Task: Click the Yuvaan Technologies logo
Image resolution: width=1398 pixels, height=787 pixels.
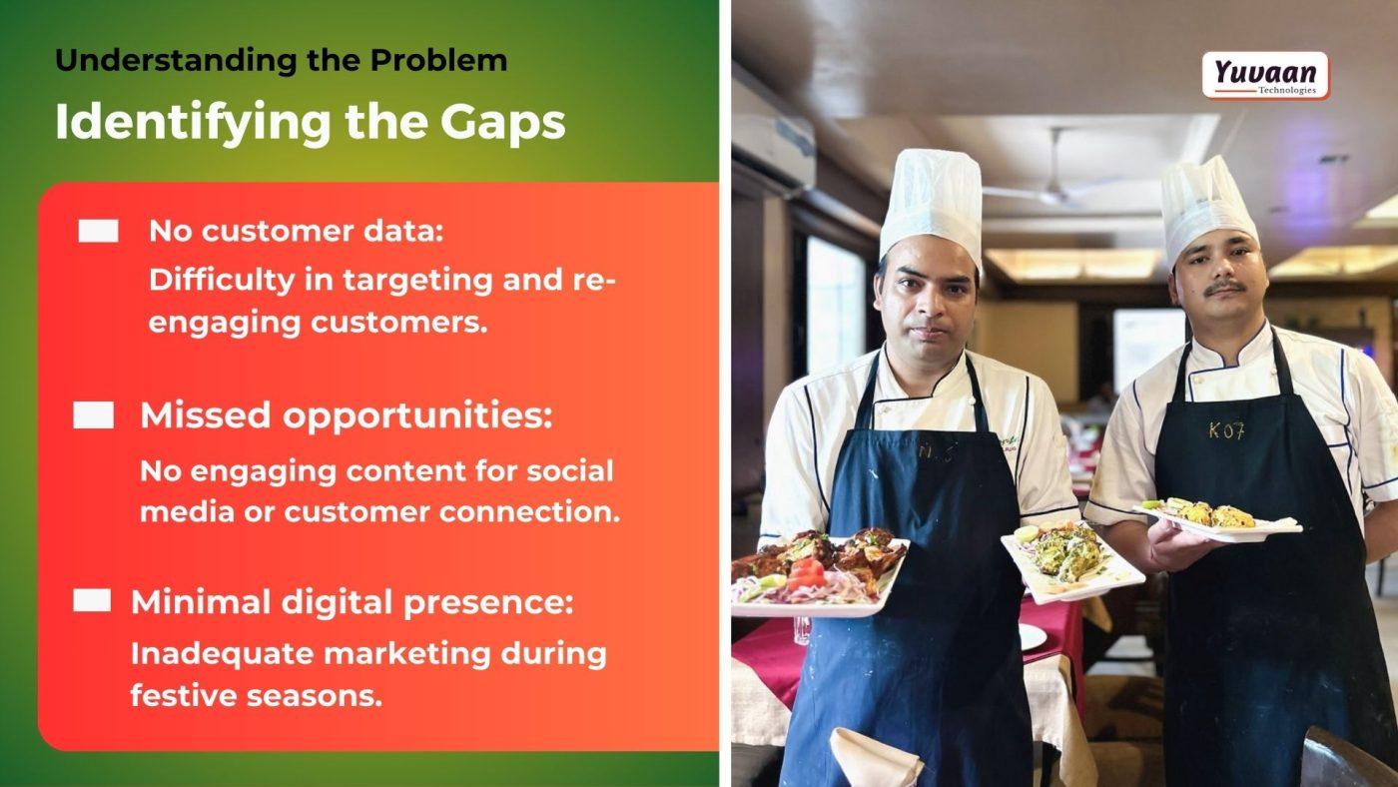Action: pos(1266,76)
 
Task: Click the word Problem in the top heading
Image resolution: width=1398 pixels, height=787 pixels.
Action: pos(438,61)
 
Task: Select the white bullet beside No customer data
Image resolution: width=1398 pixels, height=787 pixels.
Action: pos(98,231)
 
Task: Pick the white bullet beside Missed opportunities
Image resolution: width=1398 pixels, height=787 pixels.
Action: pos(94,415)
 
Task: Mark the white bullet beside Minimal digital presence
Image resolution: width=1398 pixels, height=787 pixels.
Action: pos(92,600)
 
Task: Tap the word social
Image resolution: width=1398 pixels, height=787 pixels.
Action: pos(570,470)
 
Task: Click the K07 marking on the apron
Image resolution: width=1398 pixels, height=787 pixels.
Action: pos(1227,430)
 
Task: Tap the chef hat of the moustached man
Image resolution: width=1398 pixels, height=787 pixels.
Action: pos(1208,209)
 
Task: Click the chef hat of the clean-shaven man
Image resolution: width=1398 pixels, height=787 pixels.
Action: pos(932,205)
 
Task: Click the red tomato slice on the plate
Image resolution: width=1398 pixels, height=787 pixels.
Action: pos(805,575)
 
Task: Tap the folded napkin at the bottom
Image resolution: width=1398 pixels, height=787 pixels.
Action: pos(875,758)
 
